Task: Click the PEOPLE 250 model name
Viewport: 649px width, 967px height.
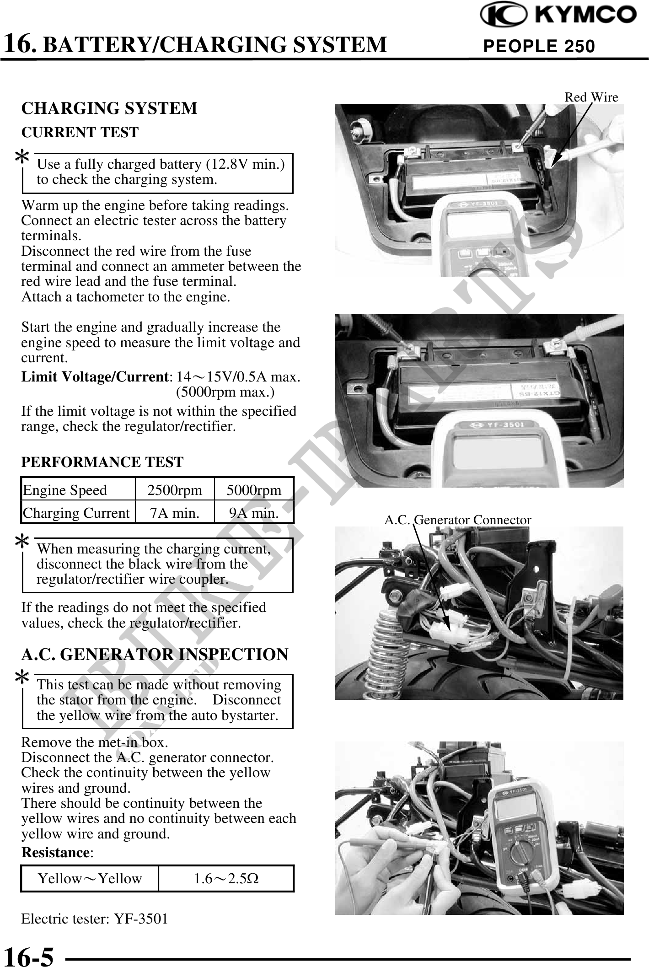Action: [539, 46]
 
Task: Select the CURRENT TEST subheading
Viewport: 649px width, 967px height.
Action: [80, 132]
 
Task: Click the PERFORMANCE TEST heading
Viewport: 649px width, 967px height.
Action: [102, 462]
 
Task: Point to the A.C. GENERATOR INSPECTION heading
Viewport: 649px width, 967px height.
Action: [155, 654]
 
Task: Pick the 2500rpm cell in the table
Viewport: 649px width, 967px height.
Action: [174, 490]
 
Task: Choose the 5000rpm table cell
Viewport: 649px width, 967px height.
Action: [254, 490]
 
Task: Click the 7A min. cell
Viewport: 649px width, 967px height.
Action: [174, 513]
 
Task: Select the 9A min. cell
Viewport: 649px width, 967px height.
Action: [254, 513]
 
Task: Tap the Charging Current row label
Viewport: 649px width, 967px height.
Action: [76, 513]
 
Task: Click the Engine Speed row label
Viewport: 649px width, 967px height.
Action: [65, 490]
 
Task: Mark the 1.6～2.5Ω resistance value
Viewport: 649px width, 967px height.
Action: [226, 878]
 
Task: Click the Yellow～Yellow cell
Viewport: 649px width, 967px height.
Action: [90, 878]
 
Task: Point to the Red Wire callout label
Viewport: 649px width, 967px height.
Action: [591, 97]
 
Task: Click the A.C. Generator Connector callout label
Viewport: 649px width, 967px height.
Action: [457, 520]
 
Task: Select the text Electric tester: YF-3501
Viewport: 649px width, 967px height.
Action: [95, 919]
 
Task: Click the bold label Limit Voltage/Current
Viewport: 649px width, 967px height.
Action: [95, 377]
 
